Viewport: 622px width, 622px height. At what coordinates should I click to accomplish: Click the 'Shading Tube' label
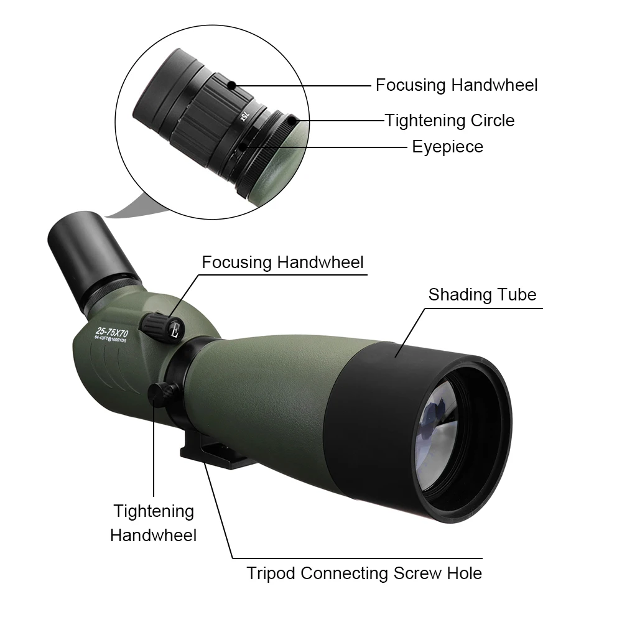click(482, 295)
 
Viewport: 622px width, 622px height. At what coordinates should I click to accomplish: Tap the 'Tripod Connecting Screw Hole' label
click(364, 573)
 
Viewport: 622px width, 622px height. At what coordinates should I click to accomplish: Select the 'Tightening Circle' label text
click(450, 120)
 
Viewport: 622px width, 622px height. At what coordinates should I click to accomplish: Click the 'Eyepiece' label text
click(447, 147)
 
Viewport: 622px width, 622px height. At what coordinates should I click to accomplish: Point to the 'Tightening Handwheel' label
click(154, 522)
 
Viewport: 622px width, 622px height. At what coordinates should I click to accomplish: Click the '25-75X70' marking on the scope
click(112, 332)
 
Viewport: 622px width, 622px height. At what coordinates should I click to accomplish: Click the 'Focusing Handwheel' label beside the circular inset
click(457, 85)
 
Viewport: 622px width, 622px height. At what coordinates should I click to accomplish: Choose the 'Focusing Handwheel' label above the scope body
click(282, 262)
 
